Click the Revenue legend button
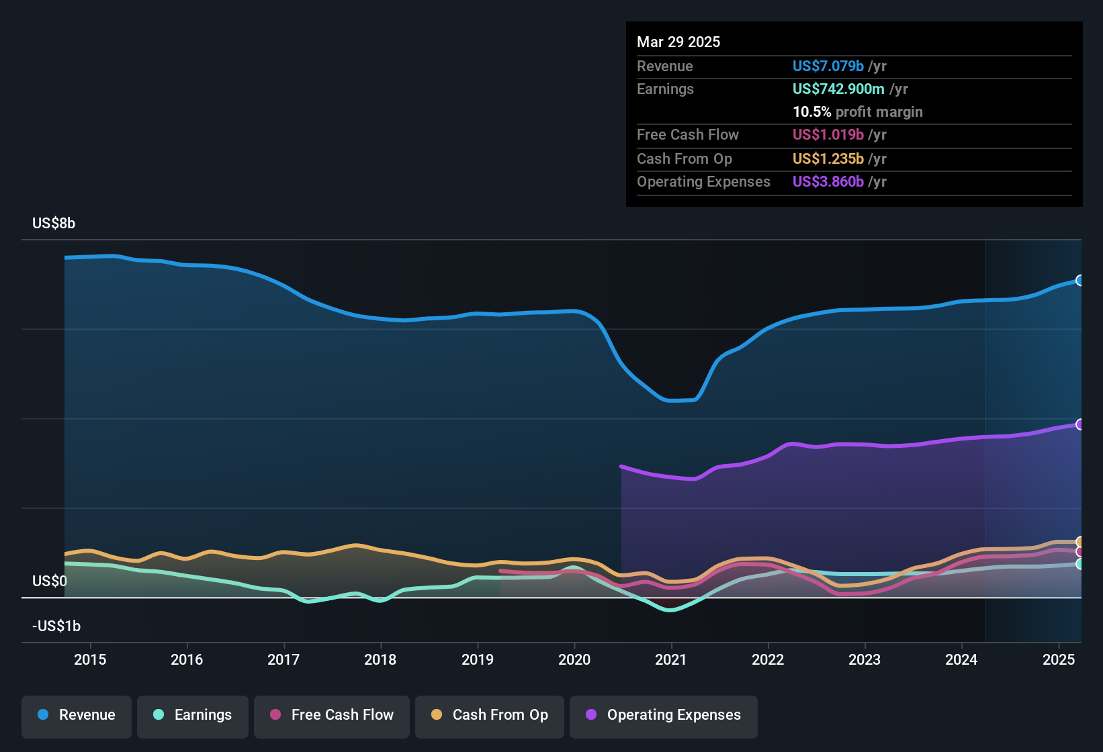77,715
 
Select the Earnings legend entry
193,715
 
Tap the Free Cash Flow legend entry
332,715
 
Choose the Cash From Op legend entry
490,715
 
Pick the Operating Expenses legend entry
664,715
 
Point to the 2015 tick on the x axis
90,659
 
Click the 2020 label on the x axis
574,659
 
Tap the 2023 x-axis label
865,659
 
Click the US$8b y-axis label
54,224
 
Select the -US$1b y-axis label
56,626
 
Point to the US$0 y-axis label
50,581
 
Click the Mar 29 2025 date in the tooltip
678,42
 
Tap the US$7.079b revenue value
828,66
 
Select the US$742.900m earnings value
838,89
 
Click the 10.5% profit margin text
857,112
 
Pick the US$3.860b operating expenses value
828,182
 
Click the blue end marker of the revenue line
1079,281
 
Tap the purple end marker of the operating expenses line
1079,424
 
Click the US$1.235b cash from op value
828,159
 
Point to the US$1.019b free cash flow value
828,135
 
